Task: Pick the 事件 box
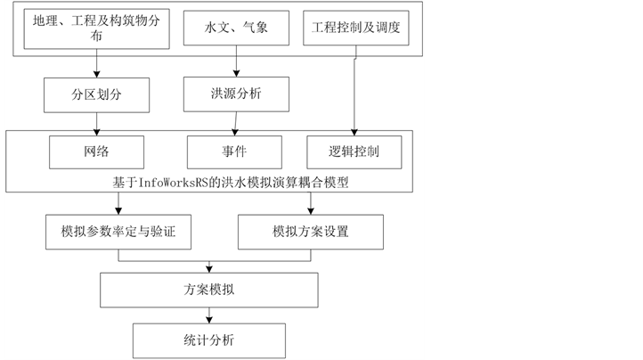click(234, 151)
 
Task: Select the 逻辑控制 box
click(354, 151)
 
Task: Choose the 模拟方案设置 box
click(311, 232)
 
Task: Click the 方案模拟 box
click(209, 289)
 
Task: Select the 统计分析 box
click(209, 340)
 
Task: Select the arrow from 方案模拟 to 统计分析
click(209, 314)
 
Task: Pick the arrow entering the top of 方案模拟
click(209, 266)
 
